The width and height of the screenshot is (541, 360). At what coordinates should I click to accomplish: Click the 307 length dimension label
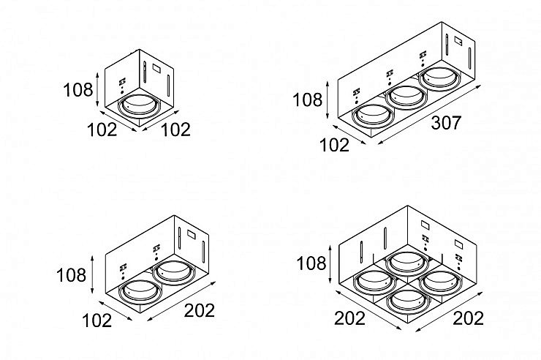coord(446,123)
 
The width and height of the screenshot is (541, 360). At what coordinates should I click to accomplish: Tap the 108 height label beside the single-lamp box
coord(78,90)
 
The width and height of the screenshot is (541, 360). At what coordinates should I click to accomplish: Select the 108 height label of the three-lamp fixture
coord(307,100)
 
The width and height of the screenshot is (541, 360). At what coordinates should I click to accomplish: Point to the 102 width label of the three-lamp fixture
coord(335,145)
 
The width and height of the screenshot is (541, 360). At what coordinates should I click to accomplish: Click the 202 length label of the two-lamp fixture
coord(199,311)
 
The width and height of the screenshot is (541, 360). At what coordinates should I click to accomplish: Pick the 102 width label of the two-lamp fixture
coord(97,321)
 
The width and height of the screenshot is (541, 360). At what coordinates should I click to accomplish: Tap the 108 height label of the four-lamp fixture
coord(311,263)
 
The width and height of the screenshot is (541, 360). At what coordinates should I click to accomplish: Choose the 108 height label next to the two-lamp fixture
coord(71,276)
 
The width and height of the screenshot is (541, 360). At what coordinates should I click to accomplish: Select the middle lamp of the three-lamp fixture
coord(405,97)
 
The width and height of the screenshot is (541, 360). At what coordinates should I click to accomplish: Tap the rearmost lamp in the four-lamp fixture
coord(407,263)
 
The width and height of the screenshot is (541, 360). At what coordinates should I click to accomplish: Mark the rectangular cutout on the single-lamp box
coord(157,69)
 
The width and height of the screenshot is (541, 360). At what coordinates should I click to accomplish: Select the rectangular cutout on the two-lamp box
coord(192,234)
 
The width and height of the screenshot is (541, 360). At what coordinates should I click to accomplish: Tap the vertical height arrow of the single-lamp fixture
coord(97,90)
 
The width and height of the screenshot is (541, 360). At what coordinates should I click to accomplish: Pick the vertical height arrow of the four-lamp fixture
coord(331,263)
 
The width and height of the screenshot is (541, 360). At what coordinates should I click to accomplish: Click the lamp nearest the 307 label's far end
coord(439,79)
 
